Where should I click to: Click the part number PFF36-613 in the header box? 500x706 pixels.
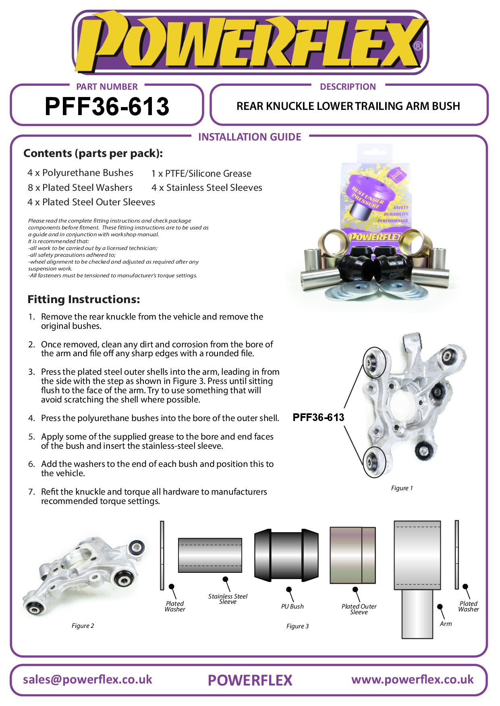point(107,107)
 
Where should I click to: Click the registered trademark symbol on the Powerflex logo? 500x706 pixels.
point(418,46)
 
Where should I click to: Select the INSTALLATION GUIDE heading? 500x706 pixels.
point(249,137)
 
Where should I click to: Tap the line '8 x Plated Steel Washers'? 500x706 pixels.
point(80,188)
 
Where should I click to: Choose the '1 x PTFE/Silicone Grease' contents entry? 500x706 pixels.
point(201,173)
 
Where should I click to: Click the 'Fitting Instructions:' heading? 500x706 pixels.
point(83,299)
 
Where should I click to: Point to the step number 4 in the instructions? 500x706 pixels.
point(31,418)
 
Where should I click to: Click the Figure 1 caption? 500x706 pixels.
point(401,488)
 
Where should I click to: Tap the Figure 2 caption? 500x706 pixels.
point(83,626)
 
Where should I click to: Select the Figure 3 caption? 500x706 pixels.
point(297,626)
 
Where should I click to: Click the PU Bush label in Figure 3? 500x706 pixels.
point(292,607)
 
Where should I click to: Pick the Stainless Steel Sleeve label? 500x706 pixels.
point(228,599)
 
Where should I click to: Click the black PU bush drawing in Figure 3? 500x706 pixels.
point(286,555)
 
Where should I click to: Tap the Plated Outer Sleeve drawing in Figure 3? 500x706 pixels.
point(353,555)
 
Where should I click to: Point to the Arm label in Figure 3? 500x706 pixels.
point(446,624)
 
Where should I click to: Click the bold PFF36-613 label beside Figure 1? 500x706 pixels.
point(318,417)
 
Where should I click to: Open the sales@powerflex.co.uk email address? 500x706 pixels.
point(87,680)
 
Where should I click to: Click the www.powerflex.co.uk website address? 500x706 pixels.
point(412,680)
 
